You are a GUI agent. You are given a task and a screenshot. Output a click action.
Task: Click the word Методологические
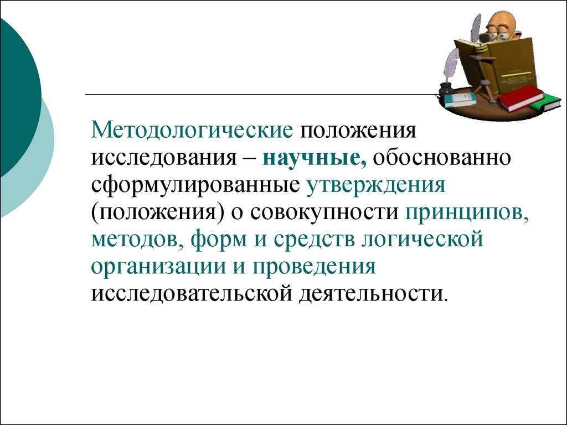click(x=192, y=131)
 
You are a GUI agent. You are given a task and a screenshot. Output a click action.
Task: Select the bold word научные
click(x=315, y=158)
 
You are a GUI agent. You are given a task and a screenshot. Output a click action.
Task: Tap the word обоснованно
click(x=442, y=158)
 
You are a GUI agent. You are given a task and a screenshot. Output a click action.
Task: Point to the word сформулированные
click(x=195, y=185)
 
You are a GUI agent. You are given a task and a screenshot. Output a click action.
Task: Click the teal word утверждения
click(x=376, y=185)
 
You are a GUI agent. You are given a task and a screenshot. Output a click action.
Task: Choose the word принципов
click(x=467, y=213)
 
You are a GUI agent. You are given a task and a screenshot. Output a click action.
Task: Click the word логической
click(x=422, y=239)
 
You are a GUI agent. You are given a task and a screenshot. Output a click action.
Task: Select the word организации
click(x=157, y=267)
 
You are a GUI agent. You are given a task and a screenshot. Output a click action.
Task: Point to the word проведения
click(x=314, y=267)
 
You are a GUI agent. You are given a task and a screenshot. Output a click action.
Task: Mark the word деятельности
click(x=373, y=294)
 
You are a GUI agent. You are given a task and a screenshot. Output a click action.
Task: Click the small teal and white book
click(x=460, y=100)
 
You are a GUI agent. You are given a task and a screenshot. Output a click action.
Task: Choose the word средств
click(x=314, y=239)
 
